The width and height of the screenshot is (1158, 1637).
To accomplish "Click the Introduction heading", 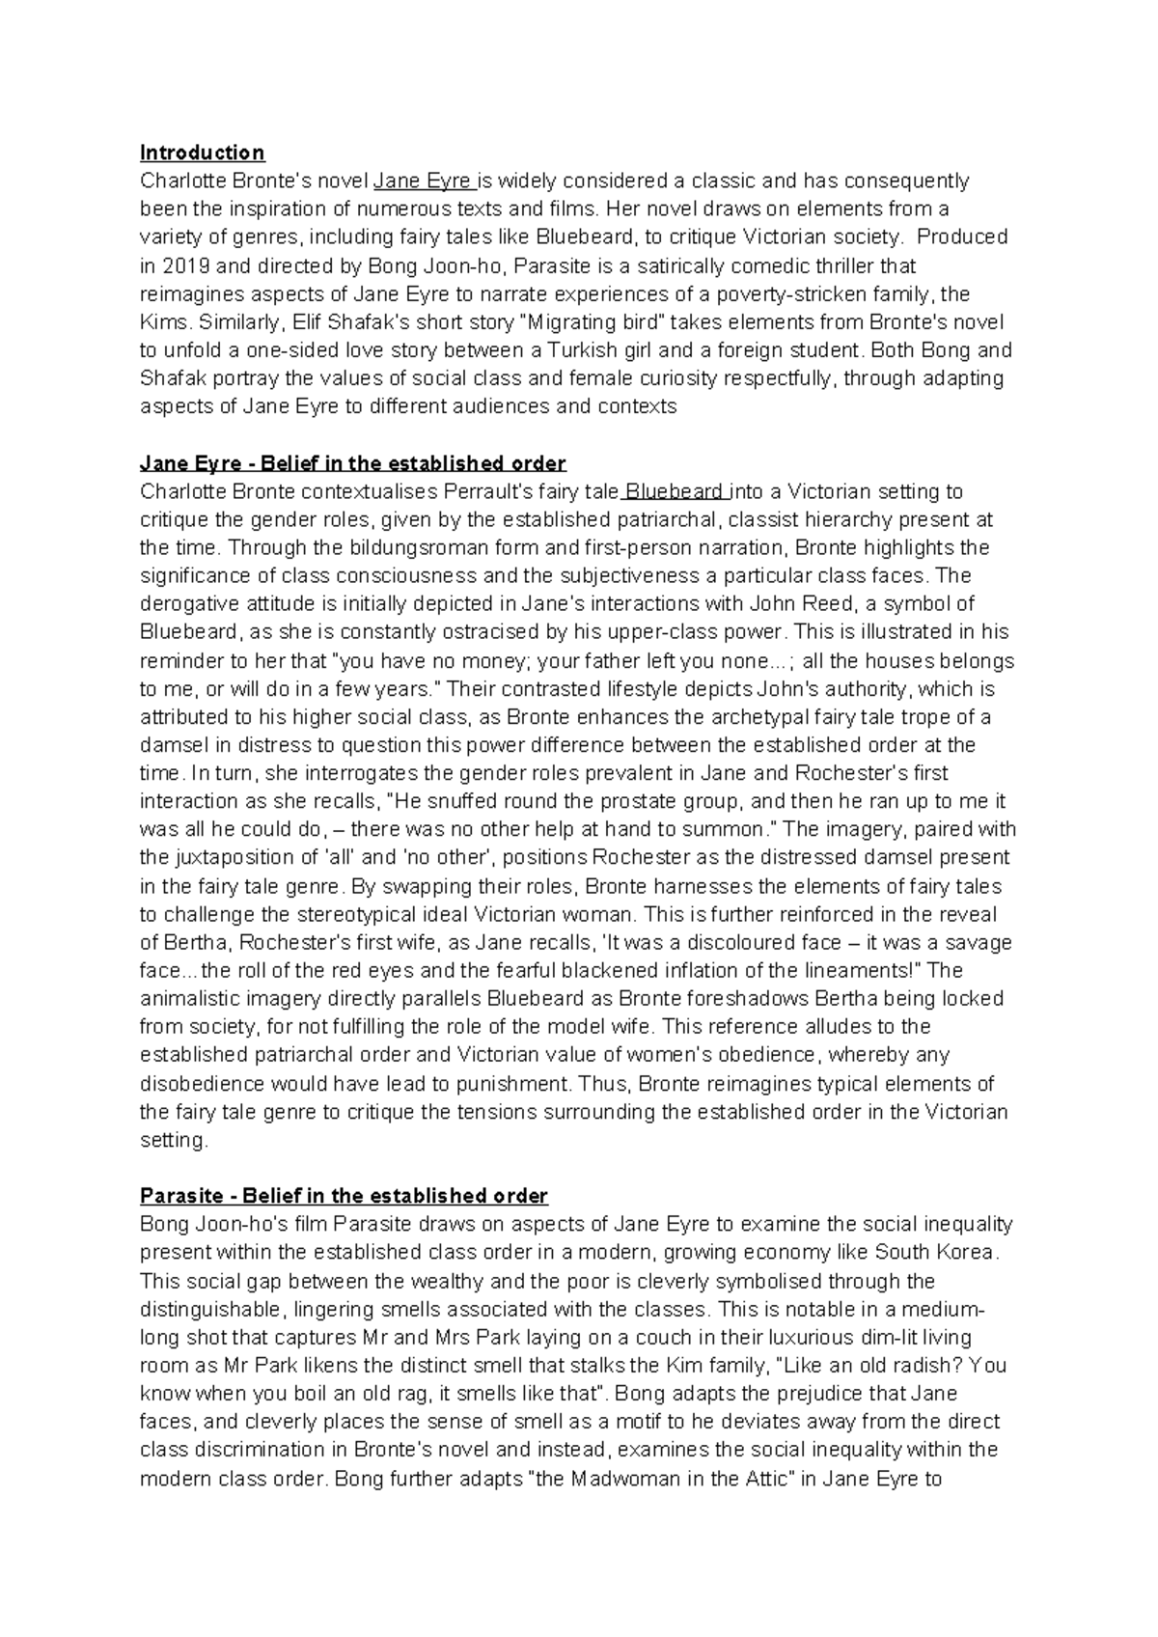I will pyautogui.click(x=202, y=153).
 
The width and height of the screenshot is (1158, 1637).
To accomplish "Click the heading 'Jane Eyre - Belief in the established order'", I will pyautogui.click(x=352, y=463).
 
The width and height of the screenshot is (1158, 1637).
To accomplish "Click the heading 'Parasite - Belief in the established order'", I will pyautogui.click(x=344, y=1196).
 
